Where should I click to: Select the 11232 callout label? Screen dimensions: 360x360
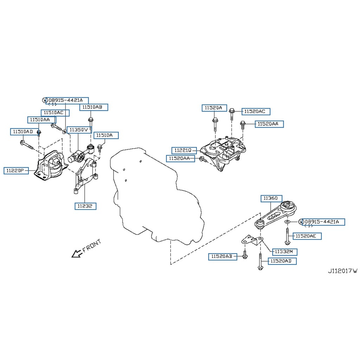(x=85, y=206)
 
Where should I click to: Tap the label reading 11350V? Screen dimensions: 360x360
(x=79, y=130)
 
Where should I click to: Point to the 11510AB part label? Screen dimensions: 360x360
(x=93, y=107)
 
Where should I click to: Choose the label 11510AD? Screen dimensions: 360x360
(x=23, y=131)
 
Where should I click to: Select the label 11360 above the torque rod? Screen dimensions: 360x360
(x=271, y=199)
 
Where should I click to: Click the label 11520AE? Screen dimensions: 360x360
(x=308, y=236)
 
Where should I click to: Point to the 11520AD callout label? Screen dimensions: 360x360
(x=282, y=261)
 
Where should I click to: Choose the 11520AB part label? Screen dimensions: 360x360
(x=222, y=257)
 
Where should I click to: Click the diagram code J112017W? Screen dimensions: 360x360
(x=342, y=271)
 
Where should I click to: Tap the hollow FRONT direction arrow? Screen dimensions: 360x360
(x=75, y=253)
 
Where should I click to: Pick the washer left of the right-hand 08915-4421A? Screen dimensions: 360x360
(x=287, y=222)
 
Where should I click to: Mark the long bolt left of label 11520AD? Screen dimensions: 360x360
(x=260, y=262)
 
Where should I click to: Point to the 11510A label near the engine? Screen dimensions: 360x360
(x=106, y=135)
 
